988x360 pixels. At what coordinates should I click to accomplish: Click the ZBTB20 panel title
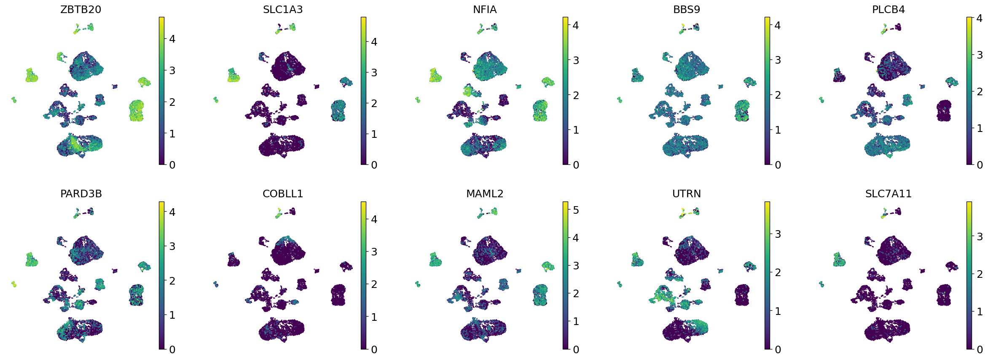(81, 10)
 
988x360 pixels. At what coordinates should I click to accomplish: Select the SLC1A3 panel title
(282, 10)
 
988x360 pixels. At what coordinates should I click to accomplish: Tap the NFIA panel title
(484, 10)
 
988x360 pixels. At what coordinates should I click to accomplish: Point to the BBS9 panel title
(686, 10)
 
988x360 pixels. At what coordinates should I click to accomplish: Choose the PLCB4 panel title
(888, 10)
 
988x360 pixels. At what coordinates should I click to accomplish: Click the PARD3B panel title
(81, 194)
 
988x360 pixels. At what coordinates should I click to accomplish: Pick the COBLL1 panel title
(282, 194)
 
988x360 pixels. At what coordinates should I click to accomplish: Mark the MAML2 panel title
(484, 194)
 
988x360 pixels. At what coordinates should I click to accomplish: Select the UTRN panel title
(686, 194)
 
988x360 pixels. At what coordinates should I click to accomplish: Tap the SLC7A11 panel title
(888, 194)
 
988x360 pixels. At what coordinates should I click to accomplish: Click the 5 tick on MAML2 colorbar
(576, 210)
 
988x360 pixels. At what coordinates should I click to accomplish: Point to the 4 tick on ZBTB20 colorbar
(172, 39)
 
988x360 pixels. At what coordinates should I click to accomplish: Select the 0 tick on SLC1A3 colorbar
(374, 165)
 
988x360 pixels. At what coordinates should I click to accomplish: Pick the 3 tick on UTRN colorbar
(778, 234)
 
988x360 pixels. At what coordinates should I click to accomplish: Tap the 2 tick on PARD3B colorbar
(172, 281)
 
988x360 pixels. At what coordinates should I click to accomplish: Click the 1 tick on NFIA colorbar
(576, 130)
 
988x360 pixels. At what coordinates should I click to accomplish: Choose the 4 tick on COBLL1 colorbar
(374, 219)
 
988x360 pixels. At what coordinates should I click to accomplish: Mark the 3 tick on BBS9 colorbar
(778, 60)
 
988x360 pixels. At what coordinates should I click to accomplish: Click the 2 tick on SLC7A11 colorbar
(980, 274)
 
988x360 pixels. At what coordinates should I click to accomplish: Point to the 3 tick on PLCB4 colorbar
(980, 55)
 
